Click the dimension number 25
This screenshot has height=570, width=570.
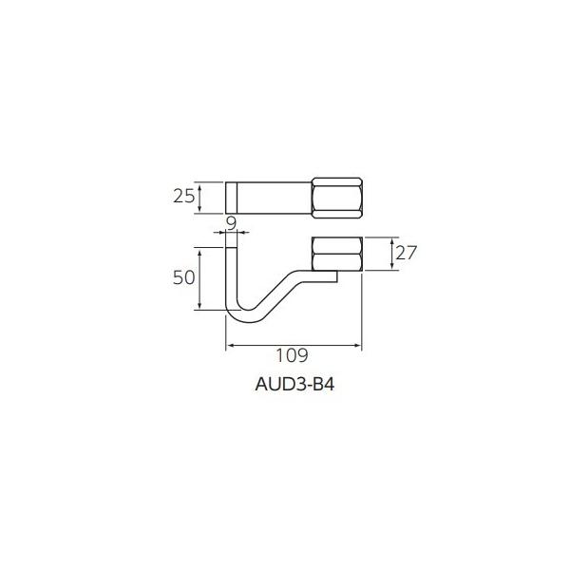point(183,197)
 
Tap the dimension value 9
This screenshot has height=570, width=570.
point(232,223)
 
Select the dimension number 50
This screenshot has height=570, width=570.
point(183,277)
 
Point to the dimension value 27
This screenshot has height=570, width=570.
point(407,254)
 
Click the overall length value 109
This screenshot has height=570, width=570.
point(293,356)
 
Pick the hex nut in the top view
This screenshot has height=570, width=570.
point(337,197)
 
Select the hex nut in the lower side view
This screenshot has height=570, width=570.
point(337,254)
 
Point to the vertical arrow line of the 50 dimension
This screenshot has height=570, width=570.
point(199,277)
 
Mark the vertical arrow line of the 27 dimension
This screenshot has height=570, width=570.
point(390,254)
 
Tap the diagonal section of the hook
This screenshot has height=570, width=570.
point(280,294)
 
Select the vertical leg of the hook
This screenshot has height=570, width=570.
point(229,275)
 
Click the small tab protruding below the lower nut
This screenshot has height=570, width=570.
point(327,276)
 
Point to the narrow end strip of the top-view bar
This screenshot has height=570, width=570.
point(230,197)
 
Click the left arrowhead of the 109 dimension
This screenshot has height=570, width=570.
point(229,347)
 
